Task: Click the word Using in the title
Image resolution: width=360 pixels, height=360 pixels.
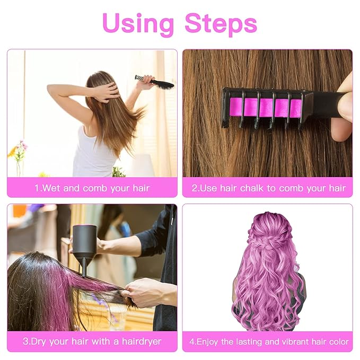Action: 138,23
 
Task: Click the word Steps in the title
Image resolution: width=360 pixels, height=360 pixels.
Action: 221,23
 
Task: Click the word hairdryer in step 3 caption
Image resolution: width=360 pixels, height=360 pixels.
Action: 137,341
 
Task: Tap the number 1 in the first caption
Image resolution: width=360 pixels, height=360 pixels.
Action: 37,188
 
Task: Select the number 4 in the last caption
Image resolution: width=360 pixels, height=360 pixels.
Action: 192,341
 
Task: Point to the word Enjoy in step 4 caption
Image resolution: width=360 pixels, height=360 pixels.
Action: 209,341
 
